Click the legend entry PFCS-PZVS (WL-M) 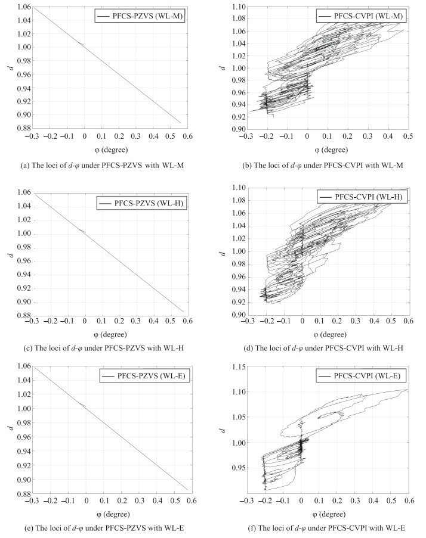140,15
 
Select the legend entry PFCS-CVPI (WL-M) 361,15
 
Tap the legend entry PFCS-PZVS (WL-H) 141,203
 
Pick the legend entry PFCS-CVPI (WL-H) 362,197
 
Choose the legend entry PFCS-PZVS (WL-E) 144,376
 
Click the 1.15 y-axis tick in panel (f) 239,367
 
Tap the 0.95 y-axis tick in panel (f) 239,468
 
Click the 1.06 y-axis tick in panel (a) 24,7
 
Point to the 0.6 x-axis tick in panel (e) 192,500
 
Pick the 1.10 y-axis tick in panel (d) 239,188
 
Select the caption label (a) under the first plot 25,166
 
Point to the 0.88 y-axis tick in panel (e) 24,494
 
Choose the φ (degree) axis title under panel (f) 329,514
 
